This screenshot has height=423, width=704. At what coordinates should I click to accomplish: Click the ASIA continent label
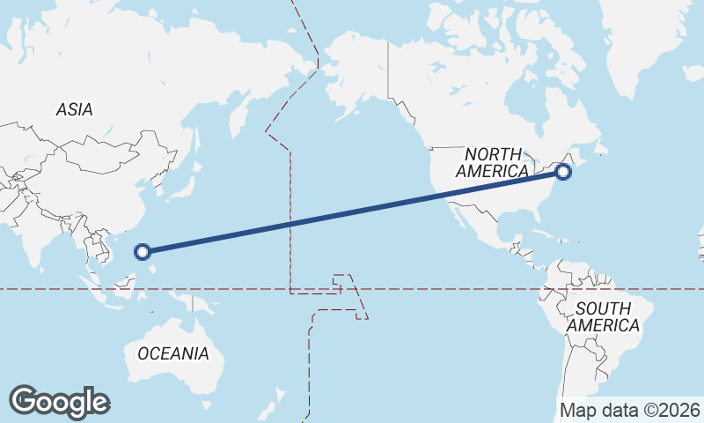pyautogui.click(x=74, y=109)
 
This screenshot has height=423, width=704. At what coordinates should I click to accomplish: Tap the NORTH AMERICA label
pyautogui.click(x=493, y=162)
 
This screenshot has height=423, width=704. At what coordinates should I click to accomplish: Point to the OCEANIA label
pyautogui.click(x=173, y=353)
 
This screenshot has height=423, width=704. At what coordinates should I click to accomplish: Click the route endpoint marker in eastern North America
pyautogui.click(x=563, y=172)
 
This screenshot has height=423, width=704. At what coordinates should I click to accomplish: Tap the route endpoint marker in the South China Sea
pyautogui.click(x=143, y=252)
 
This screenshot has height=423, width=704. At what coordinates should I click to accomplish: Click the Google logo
pyautogui.click(x=59, y=402)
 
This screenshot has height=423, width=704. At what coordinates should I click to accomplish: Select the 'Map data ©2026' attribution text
pyautogui.click(x=630, y=410)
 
